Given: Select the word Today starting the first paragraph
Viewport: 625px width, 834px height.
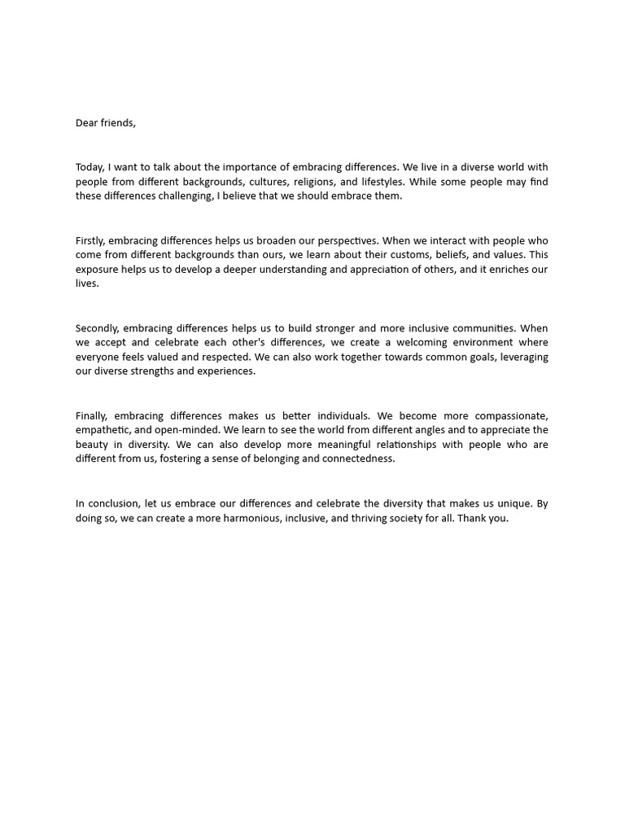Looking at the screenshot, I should (90, 167).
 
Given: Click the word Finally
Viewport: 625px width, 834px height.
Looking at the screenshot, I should (90, 416).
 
